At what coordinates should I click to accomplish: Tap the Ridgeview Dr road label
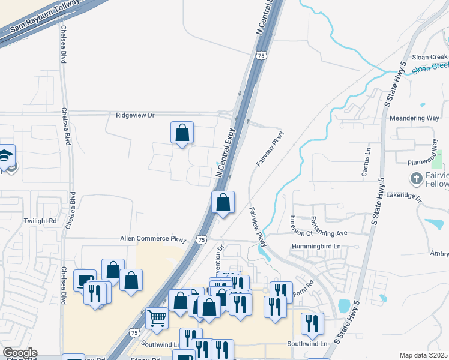click(135, 115)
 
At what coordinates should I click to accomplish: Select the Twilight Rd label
click(40, 221)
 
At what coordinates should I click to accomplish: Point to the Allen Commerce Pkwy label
click(154, 239)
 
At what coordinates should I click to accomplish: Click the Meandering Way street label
click(415, 118)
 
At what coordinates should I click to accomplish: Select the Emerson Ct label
click(302, 226)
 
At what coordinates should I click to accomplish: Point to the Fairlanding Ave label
click(329, 233)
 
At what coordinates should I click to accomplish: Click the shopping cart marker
click(157, 317)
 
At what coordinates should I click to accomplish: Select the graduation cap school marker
click(5, 156)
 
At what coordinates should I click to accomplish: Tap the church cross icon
click(415, 178)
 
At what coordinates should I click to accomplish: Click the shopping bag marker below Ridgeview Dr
click(182, 132)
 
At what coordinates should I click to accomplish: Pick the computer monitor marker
click(84, 280)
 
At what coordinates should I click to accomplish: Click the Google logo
click(20, 353)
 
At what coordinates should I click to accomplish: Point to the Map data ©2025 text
click(423, 355)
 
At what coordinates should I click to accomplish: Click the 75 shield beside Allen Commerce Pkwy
click(201, 239)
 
